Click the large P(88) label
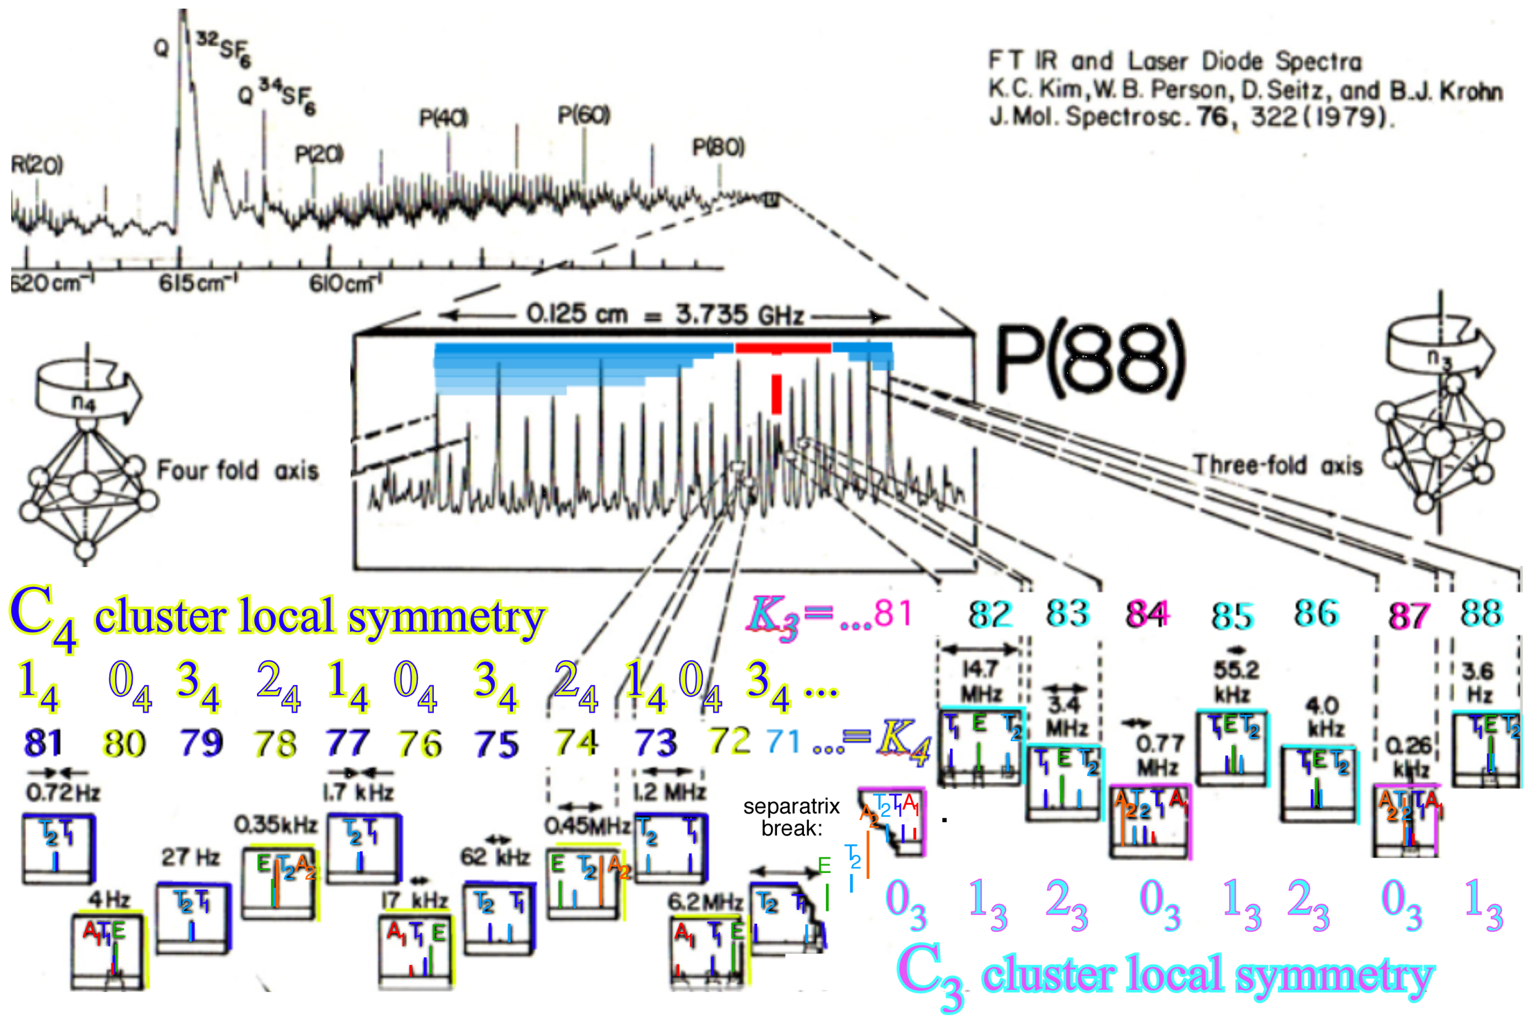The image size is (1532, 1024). [x=1089, y=360]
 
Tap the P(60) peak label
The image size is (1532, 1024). [x=583, y=116]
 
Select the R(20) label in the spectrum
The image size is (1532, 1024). [x=37, y=165]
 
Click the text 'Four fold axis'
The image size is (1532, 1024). [x=237, y=470]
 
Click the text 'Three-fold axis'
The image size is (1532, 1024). [x=1277, y=465]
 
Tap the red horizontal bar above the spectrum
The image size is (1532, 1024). [x=783, y=348]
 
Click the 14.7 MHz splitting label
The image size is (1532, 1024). [x=980, y=680]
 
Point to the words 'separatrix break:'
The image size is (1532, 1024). [x=791, y=817]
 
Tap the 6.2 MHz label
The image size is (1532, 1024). [x=704, y=903]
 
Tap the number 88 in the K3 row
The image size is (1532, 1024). [x=1481, y=614]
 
